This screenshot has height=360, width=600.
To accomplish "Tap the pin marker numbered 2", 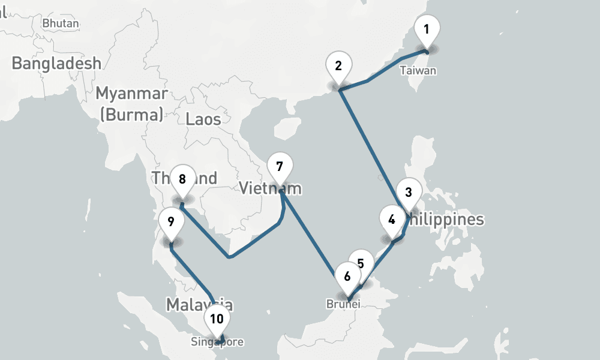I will pos(338,66).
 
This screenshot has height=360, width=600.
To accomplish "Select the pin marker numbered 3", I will pos(409,193).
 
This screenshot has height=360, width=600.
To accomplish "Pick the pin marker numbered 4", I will pos(392,220).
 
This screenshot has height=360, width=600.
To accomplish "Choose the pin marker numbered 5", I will pos(361,263).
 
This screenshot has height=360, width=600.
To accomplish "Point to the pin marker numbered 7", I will pos(279,166).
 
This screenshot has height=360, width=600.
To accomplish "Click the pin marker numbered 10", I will pos(217,319).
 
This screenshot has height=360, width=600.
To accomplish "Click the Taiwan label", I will pos(418,71).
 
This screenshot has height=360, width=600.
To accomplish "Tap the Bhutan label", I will pos(61,23).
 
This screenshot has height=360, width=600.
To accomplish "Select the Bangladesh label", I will pos(56,63).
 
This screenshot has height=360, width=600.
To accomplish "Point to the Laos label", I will pos(203,118).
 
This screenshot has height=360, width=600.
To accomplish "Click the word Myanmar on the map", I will pos(131,94).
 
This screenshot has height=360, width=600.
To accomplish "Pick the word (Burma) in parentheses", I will pos(131,114).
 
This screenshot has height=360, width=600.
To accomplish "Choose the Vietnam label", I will pos(270,188).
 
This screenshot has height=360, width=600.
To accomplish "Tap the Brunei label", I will pos(343,304).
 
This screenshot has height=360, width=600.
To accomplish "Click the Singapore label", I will pos(217,343).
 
